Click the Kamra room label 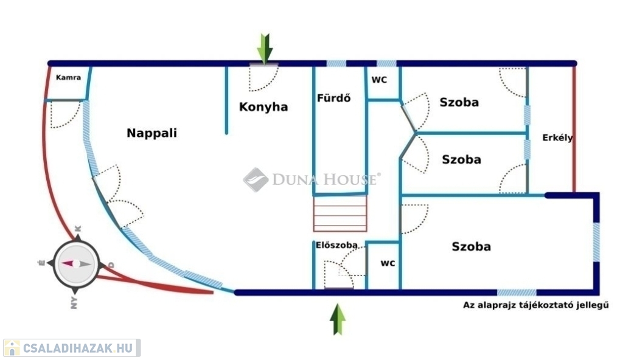coord(68,77)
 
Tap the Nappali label coord(151,133)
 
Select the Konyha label coord(263,107)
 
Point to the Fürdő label coord(334,98)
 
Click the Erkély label coord(558,138)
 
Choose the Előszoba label coord(336,245)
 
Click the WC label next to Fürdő coord(379,80)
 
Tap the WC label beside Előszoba coord(388,263)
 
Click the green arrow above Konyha coord(265,49)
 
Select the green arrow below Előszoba coord(338,319)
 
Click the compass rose coord(76,264)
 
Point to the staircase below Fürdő coord(340,214)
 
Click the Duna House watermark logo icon coord(256,179)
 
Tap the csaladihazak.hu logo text coord(78,348)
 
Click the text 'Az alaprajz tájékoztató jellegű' coord(535,305)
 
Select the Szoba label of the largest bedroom coord(472,246)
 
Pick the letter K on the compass coord(78,229)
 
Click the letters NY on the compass coord(74,303)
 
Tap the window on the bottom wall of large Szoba coord(517,293)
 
